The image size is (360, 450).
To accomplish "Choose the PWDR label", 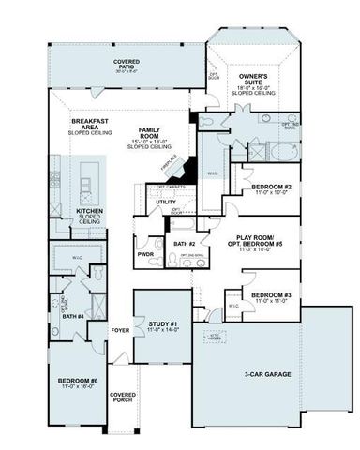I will point(146,253).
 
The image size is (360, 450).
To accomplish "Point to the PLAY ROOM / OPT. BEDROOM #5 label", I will point(260,243).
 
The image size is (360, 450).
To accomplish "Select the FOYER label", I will point(120,330).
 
